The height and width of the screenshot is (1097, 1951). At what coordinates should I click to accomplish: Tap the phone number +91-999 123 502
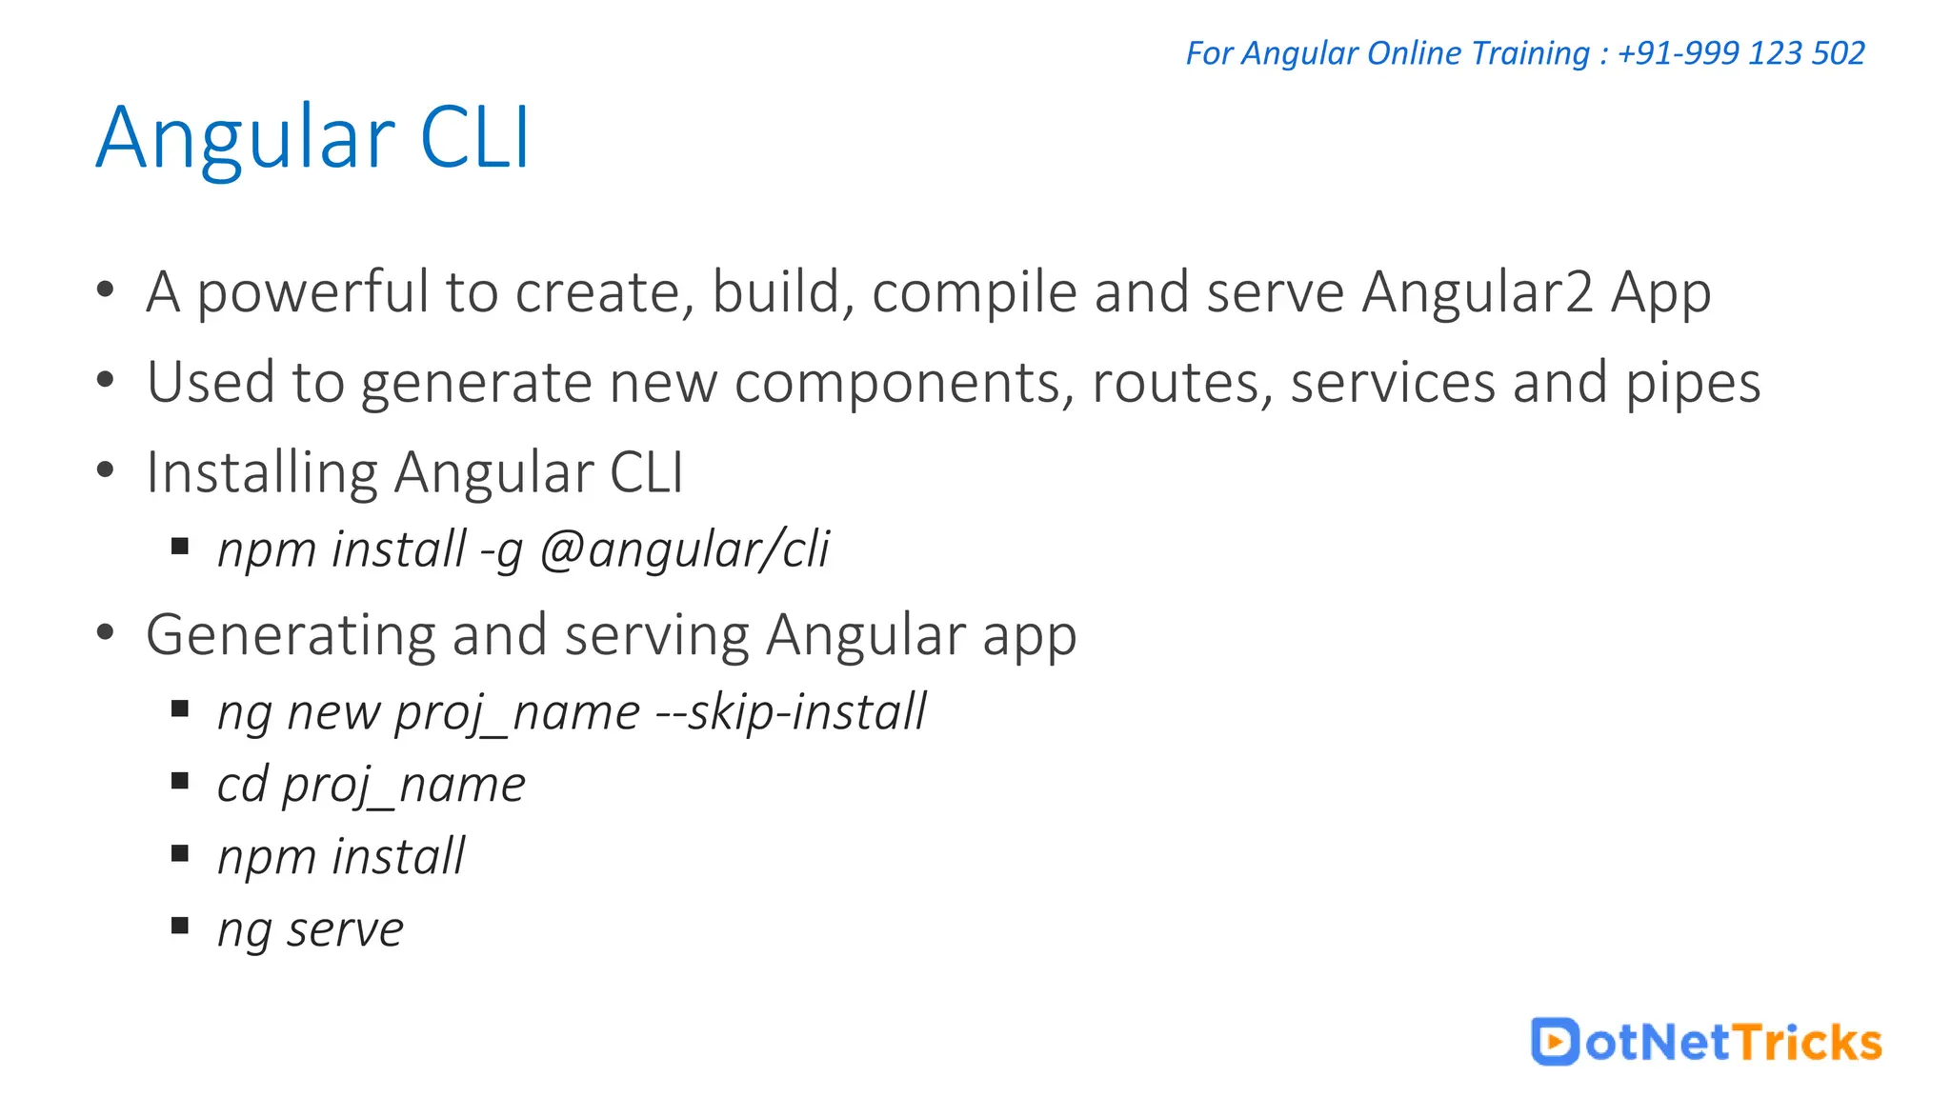coord(1740,53)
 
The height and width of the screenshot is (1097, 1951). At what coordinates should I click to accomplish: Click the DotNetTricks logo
coord(1706,1042)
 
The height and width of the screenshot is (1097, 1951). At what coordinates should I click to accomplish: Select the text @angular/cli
coord(684,549)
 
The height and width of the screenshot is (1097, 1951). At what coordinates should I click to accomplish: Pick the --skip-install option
coord(791,712)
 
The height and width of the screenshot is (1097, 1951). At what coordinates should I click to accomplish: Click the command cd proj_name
coord(371,786)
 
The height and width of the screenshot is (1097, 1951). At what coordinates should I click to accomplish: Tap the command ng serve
coord(311,929)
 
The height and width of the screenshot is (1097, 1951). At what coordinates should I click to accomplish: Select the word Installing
coord(262,473)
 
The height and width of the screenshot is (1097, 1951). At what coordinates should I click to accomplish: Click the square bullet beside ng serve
coord(180,926)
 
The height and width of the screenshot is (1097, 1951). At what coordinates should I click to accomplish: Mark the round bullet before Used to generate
coord(106,381)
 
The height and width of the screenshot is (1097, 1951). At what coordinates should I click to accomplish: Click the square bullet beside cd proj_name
coord(180,782)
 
